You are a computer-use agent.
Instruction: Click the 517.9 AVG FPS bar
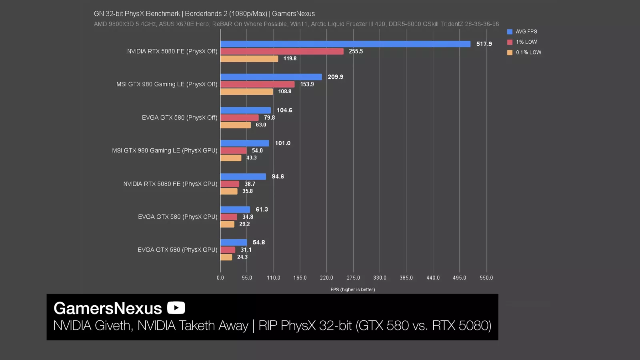tap(345, 44)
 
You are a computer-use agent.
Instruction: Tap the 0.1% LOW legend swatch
tap(510, 52)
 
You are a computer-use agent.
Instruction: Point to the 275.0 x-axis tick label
tap(353, 278)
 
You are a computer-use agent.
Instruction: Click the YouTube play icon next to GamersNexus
tap(176, 308)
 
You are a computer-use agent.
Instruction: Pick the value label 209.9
tap(335, 77)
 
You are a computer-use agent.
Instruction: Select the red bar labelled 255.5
tap(282, 52)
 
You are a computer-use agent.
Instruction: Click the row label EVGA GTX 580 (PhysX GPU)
tap(178, 250)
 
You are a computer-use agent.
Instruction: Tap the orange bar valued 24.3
tap(226, 257)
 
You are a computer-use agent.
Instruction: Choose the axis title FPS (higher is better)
tap(352, 290)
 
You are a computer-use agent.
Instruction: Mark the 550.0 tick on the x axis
tap(486, 278)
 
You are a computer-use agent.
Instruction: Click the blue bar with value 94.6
tap(243, 177)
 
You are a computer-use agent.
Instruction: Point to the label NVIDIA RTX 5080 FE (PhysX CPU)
tap(170, 184)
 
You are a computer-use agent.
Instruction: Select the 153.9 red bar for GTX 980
tap(257, 84)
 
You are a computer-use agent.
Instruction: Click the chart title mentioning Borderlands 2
tap(204, 14)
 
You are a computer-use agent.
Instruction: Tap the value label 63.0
tap(261, 125)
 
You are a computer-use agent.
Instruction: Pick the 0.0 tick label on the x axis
tap(220, 278)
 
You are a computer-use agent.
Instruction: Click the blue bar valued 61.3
tap(235, 210)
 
